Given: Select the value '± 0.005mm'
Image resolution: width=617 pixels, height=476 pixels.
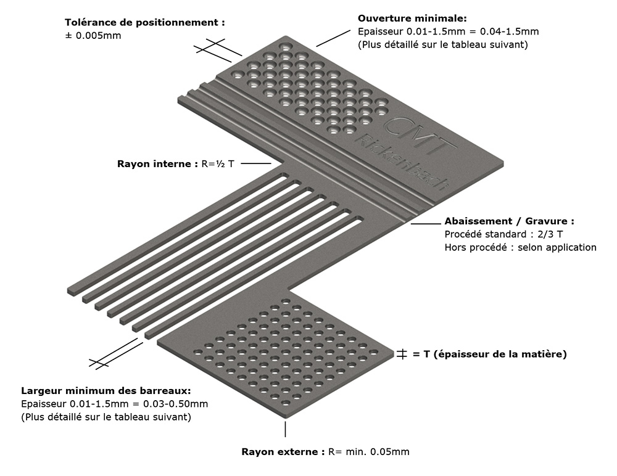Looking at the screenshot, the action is tap(93, 35).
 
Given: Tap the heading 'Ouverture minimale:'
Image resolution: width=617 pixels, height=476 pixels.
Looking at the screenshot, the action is tap(412, 18).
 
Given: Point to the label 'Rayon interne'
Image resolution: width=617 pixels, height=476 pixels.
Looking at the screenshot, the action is tap(155, 163).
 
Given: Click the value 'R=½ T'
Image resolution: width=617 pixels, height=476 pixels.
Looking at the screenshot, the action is tap(218, 163).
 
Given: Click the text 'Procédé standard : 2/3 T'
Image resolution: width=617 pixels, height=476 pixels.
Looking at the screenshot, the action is tap(503, 234).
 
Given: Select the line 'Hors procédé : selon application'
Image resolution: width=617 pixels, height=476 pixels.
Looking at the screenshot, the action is tap(520, 247).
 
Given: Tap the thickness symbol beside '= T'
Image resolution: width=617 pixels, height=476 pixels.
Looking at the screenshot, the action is tap(402, 354).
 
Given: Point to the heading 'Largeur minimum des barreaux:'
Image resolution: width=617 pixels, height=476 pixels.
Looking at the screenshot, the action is tap(106, 391).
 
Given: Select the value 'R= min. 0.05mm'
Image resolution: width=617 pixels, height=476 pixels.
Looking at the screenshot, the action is tap(369, 451).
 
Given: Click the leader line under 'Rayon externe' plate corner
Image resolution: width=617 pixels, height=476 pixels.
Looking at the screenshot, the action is tap(285, 429).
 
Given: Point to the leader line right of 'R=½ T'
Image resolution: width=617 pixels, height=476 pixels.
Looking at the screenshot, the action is tap(256, 163).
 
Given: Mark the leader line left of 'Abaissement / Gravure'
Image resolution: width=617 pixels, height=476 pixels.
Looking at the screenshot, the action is tap(426, 224).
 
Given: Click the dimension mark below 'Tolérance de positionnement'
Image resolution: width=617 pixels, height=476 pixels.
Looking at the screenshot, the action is tap(218, 51).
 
